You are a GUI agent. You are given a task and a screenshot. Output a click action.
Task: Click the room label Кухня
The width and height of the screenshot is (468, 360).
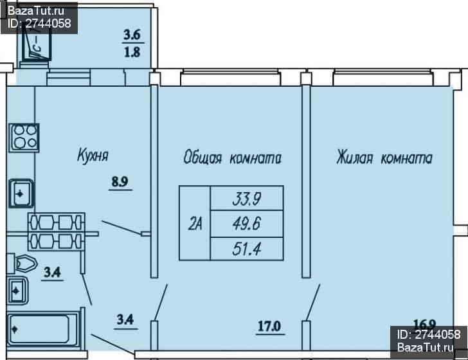pyautogui.click(x=93, y=155)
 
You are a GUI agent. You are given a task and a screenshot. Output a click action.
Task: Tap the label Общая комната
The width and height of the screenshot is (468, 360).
pyautogui.click(x=233, y=157)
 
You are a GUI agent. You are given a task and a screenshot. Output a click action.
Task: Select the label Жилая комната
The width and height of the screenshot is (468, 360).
pyautogui.click(x=384, y=157)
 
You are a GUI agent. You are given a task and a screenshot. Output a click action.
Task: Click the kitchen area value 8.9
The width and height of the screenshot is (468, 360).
pyautogui.click(x=120, y=181)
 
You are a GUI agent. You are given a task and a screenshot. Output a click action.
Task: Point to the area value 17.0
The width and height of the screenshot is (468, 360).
pyautogui.click(x=269, y=326)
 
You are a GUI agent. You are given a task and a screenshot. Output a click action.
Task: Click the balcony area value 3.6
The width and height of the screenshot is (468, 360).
pyautogui.click(x=132, y=35)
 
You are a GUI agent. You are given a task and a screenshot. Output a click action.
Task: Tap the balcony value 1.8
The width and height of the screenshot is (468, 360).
pyautogui.click(x=132, y=52)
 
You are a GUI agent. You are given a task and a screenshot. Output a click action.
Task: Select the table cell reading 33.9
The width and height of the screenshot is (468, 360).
pyautogui.click(x=247, y=198)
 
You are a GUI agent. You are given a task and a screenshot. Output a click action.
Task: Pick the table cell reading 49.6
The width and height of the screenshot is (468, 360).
pyautogui.click(x=247, y=224)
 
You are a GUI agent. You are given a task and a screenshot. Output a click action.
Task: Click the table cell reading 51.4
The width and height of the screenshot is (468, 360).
pyautogui.click(x=247, y=249)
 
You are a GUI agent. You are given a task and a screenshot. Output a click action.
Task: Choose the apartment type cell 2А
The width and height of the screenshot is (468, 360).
pyautogui.click(x=195, y=223)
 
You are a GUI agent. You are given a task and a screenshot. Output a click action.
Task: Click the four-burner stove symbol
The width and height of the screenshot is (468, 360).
pyautogui.click(x=24, y=138)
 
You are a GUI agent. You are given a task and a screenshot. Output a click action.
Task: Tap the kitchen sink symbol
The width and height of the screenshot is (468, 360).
pyautogui.click(x=21, y=194)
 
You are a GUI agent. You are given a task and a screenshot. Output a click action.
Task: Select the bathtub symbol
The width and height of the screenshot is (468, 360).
pyautogui.click(x=42, y=330)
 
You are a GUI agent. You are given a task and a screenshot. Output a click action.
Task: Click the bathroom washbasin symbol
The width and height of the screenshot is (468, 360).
pyautogui.click(x=17, y=291)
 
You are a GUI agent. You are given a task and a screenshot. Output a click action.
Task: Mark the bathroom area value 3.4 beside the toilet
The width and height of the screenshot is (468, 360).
pyautogui.click(x=53, y=273)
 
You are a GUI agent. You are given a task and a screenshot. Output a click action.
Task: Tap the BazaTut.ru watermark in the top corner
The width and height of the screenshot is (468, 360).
pyautogui.click(x=39, y=17)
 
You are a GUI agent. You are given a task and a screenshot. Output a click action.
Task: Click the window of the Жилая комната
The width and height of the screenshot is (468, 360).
pyautogui.click(x=383, y=77)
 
